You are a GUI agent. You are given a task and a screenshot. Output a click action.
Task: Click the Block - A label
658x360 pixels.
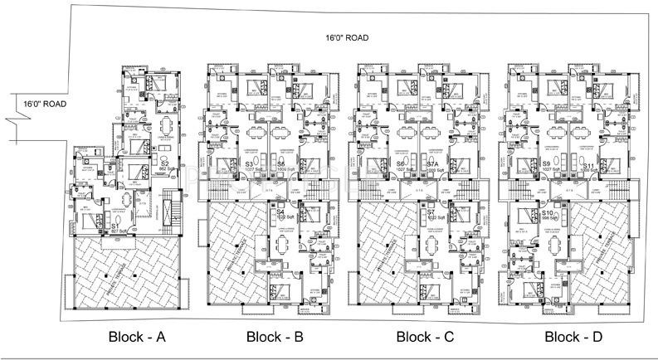coord(139,337)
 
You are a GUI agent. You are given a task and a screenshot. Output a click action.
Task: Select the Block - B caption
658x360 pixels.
coord(275,337)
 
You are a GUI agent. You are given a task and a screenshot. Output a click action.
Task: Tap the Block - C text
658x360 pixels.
coord(425,337)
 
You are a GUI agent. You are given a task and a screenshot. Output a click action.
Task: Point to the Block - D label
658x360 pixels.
coord(574,337)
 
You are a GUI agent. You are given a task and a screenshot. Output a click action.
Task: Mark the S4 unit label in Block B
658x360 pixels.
coord(281,215)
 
